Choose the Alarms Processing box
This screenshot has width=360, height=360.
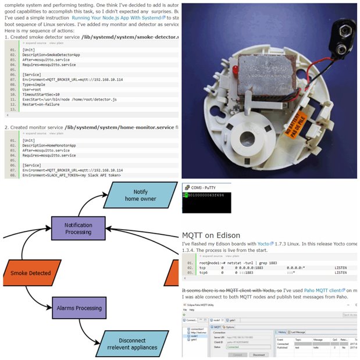point(80,308)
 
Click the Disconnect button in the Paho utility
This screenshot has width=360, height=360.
point(259,354)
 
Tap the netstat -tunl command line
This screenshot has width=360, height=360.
point(238,263)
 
